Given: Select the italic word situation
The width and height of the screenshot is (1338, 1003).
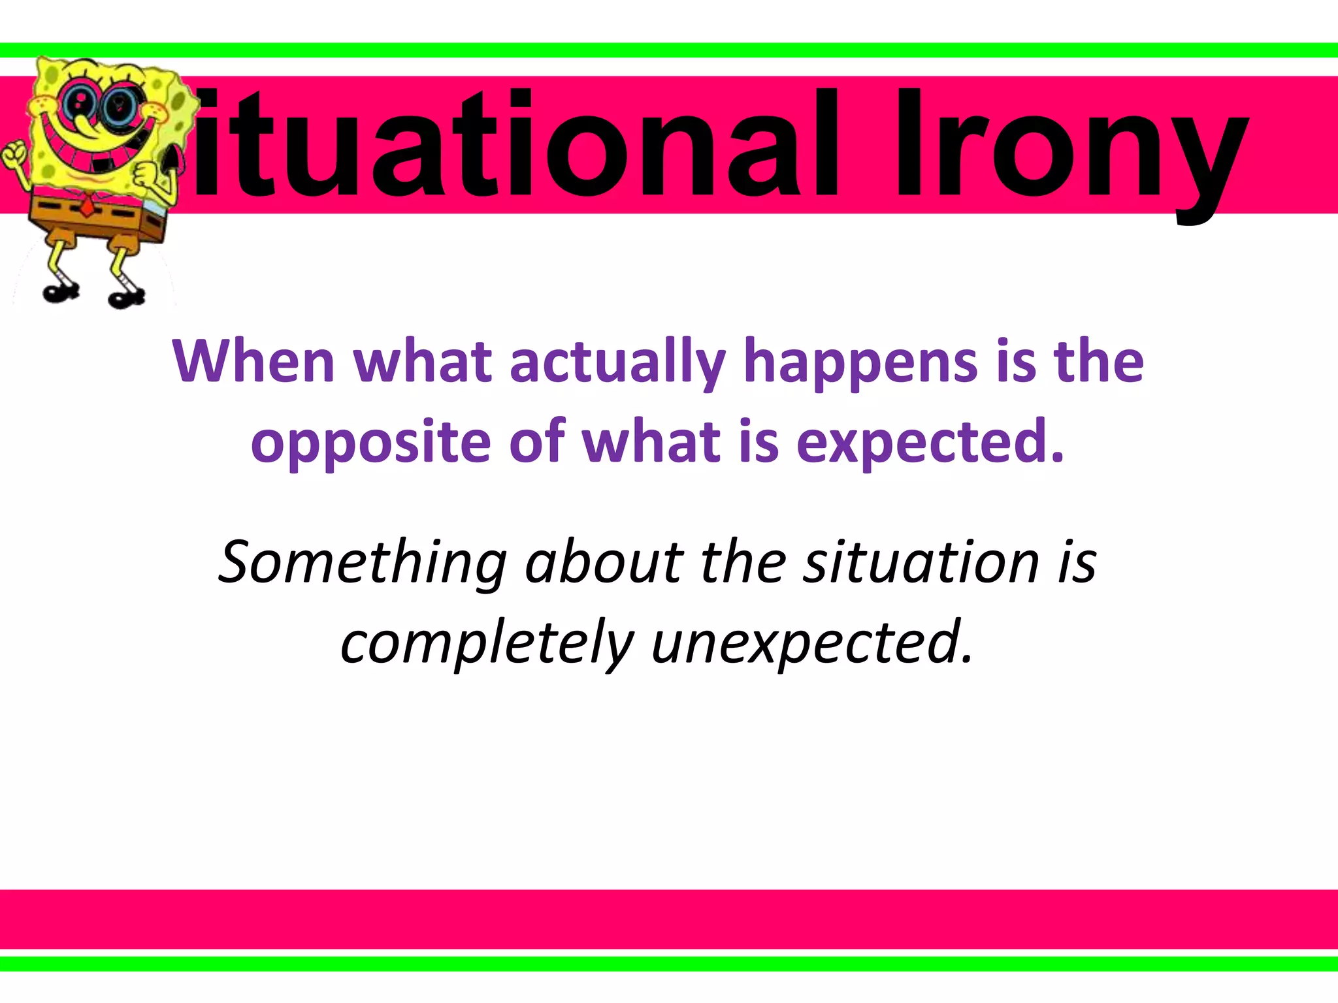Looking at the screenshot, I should point(921,563).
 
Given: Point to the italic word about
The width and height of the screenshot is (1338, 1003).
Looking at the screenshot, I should point(604,563).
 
